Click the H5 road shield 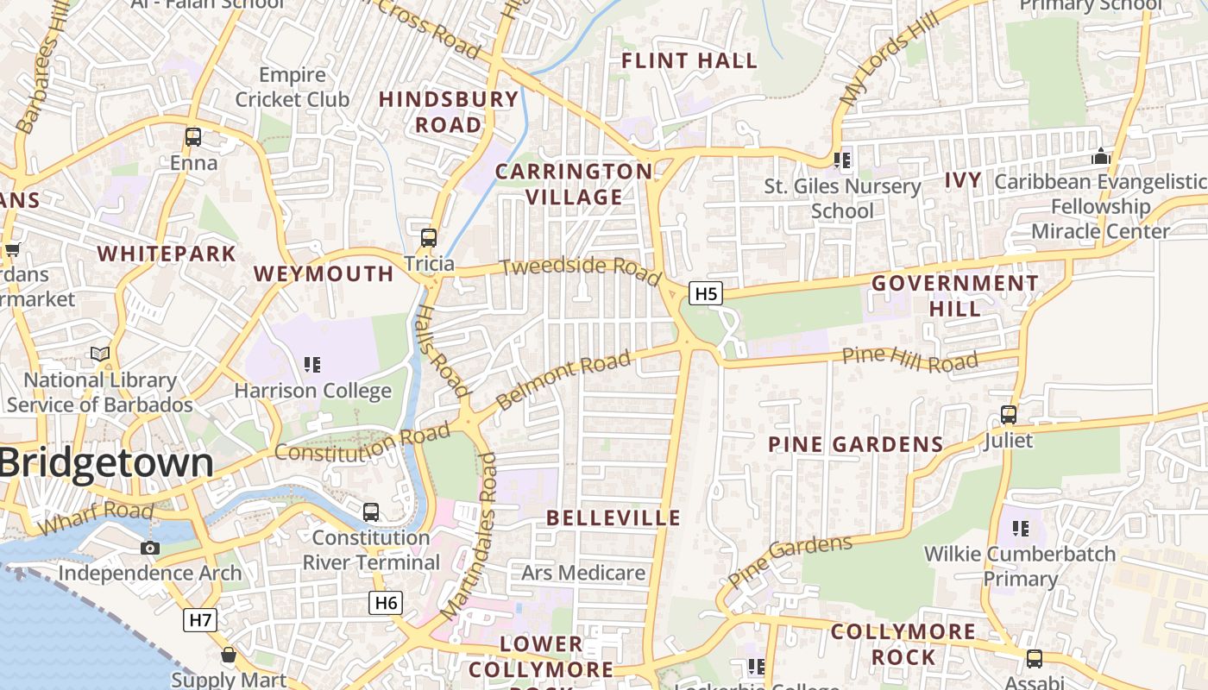point(706,293)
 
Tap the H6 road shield point(386,603)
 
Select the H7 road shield point(200,618)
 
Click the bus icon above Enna point(193,137)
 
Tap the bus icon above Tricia point(429,238)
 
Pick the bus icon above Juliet point(1008,415)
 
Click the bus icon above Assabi point(1034,659)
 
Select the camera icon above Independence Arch point(150,548)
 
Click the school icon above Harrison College point(312,365)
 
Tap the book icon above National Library point(100,354)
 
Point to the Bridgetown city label point(105,463)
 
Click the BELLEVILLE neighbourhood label point(613,518)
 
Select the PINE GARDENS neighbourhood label point(855,445)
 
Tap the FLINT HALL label point(689,61)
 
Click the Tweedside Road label point(580,267)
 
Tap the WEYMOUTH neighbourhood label point(324,274)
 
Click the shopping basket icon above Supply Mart point(229,655)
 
